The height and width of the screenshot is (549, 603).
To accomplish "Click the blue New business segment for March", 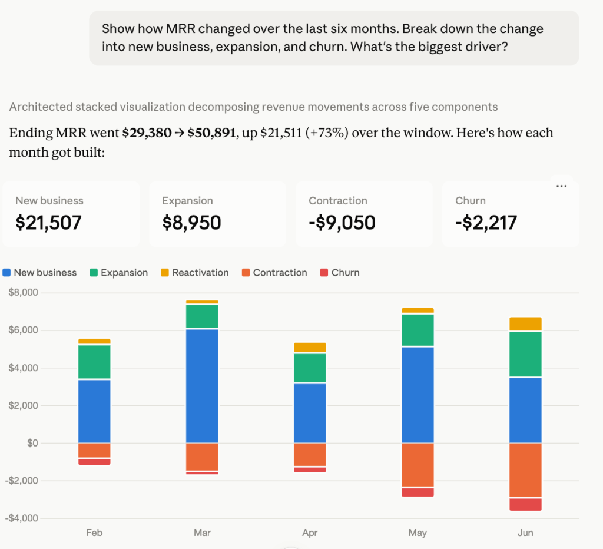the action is point(202,386).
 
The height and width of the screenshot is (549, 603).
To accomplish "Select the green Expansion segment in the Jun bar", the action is point(525,354).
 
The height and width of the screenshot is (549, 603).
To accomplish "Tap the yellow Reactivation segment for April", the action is point(310,348).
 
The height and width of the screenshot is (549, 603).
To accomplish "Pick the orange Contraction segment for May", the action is point(418,465).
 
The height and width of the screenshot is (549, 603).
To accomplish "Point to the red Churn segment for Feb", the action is point(94,462).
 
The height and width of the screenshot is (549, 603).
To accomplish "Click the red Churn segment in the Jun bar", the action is point(525,504).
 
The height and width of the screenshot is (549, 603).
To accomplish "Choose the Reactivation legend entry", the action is point(194,273).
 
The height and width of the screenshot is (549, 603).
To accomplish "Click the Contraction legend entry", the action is point(274,273).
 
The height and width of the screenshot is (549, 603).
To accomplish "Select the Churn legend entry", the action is point(340,273).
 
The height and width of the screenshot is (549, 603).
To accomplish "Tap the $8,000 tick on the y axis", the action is point(24,292).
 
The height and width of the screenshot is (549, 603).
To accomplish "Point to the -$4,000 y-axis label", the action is point(22,518).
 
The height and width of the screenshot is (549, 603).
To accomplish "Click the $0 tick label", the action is point(33,443).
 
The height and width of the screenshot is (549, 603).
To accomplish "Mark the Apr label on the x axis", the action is point(310,533).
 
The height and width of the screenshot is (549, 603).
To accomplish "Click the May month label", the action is point(418,533).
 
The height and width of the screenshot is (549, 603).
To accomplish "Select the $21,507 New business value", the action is point(48,223).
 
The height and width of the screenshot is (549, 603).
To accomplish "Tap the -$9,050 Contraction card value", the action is point(342,223).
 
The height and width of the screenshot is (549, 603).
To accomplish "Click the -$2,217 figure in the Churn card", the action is point(486,223).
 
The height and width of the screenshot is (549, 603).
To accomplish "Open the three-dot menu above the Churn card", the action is point(561,186).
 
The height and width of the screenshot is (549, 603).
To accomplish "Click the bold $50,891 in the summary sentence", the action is point(211,133).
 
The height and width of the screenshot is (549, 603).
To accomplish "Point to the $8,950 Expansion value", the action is point(191,223).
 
